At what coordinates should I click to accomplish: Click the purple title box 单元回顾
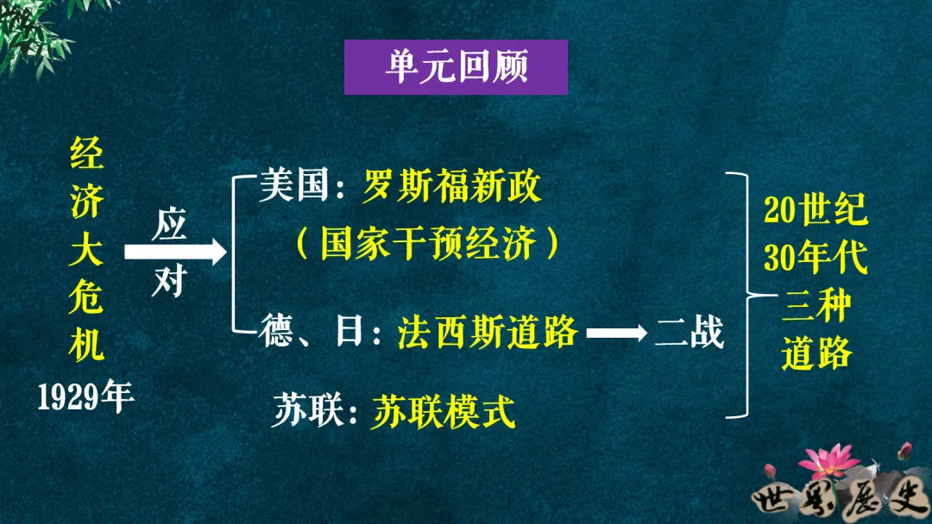[456, 67]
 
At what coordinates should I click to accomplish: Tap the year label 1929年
[86, 397]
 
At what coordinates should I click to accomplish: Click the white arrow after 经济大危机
[175, 252]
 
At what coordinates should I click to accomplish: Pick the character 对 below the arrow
[169, 280]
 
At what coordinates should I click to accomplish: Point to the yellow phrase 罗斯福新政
[452, 187]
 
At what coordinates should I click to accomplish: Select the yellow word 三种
[815, 305]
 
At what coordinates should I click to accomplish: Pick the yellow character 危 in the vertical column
[86, 299]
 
